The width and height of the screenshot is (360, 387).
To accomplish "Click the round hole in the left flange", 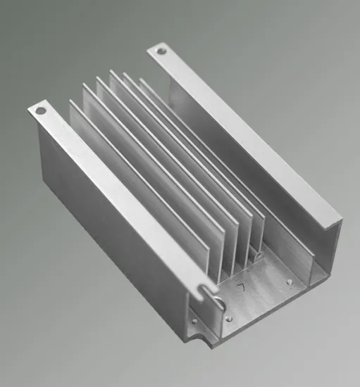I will [x=40, y=110].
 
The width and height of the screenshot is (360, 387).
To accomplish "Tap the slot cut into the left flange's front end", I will [x=205, y=288].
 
